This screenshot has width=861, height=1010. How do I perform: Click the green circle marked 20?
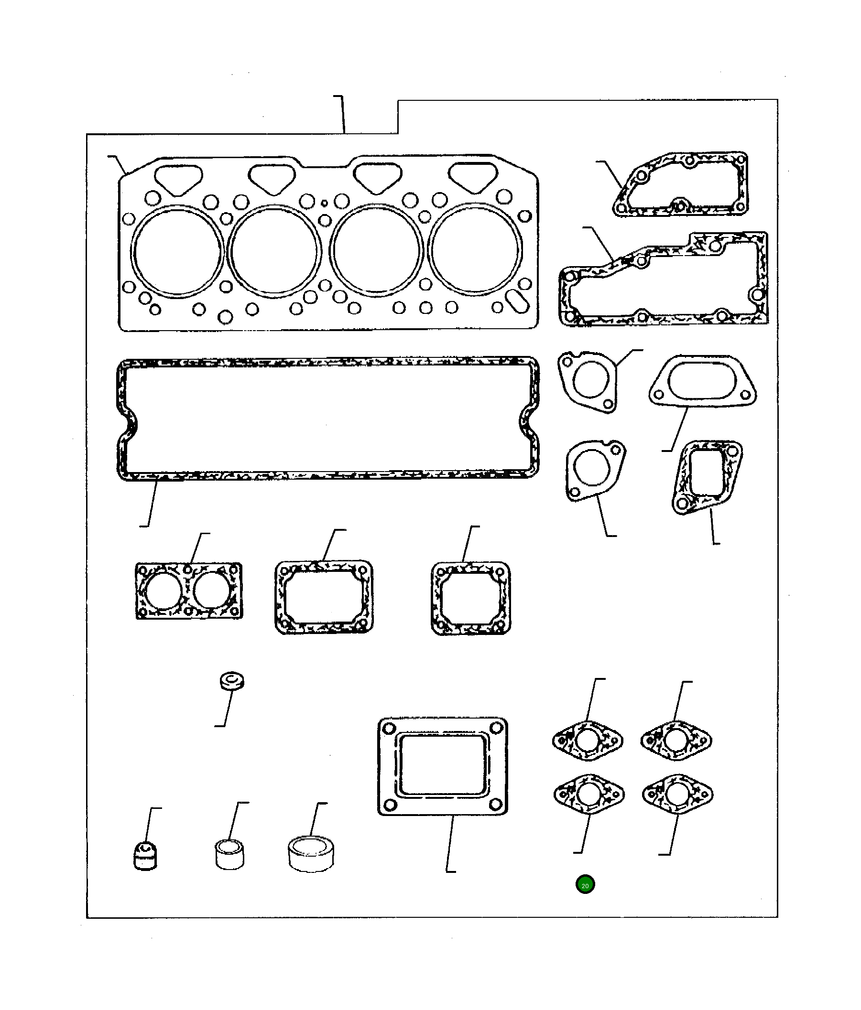pos(585,885)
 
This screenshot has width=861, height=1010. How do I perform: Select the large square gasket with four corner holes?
pos(442,766)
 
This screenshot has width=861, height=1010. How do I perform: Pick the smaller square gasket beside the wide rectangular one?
pos(471,598)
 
